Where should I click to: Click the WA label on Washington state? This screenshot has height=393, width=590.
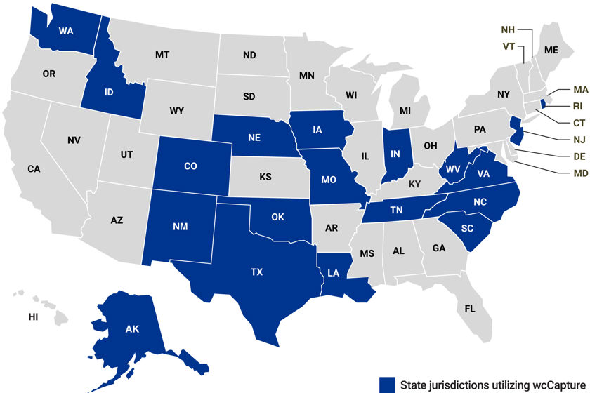point(66,30)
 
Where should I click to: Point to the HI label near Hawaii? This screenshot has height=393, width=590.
point(33,317)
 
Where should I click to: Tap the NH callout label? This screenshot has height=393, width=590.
point(508,29)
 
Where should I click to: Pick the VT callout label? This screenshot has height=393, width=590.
point(509,46)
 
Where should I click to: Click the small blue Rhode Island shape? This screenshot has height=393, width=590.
point(542,105)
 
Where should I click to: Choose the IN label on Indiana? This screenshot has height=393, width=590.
point(396,152)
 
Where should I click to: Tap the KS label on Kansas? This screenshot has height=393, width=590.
point(265,177)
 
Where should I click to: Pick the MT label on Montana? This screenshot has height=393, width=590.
point(162,53)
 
